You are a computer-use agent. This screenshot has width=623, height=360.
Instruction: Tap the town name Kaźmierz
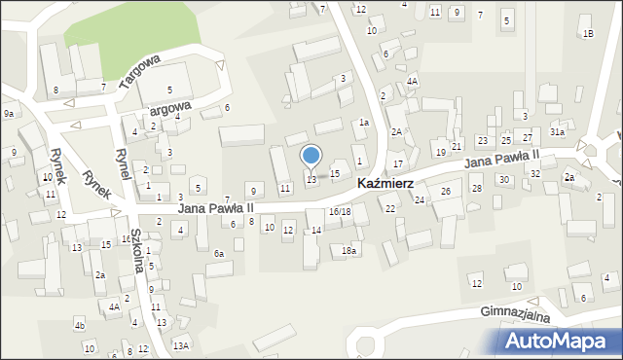(386, 183)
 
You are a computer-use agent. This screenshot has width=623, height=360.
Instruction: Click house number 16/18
(340, 211)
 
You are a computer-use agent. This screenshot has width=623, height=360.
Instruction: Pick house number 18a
(348, 251)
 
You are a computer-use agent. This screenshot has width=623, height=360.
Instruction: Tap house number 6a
(220, 254)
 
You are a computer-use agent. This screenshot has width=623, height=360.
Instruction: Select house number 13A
(181, 345)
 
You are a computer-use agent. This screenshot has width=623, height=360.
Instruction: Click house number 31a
(557, 131)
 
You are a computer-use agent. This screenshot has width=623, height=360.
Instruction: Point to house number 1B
(587, 34)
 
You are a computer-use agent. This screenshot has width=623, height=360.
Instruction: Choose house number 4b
(80, 325)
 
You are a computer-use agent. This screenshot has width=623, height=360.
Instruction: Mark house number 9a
(8, 114)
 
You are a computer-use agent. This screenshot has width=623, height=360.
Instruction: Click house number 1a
(363, 123)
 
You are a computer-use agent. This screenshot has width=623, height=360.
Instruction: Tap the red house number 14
(316, 230)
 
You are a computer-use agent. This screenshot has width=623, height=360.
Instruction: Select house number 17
(398, 163)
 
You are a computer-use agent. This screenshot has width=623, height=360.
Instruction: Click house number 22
(390, 209)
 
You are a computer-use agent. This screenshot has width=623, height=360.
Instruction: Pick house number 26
(445, 192)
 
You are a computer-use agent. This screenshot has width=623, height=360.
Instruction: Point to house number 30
(503, 180)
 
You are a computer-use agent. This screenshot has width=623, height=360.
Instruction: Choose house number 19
(440, 153)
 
